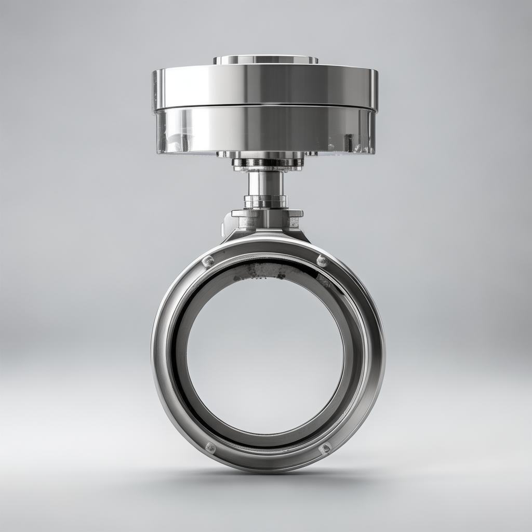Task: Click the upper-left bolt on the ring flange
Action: click(x=207, y=261)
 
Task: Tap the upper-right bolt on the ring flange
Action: click(x=322, y=260)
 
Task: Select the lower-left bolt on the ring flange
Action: click(x=210, y=447)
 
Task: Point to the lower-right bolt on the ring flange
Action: click(x=325, y=448)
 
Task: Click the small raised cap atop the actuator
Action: click(x=265, y=60)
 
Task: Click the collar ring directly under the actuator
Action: click(x=267, y=162)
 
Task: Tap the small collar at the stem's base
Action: click(x=265, y=201)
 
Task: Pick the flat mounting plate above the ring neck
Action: click(x=267, y=213)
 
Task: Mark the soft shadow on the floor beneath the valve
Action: click(x=268, y=481)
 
